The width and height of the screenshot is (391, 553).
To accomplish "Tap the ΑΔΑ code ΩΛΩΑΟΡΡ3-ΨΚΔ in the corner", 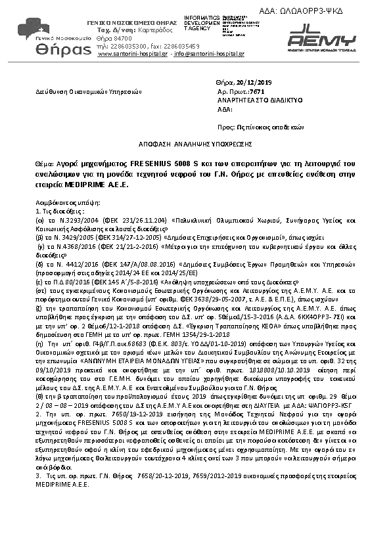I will (328, 10).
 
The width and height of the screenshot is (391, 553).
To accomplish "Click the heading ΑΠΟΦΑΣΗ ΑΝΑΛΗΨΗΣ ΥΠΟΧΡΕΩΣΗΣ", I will (195, 143).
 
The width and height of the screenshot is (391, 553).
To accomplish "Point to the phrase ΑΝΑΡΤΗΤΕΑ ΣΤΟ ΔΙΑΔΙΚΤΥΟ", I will (249, 100).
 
